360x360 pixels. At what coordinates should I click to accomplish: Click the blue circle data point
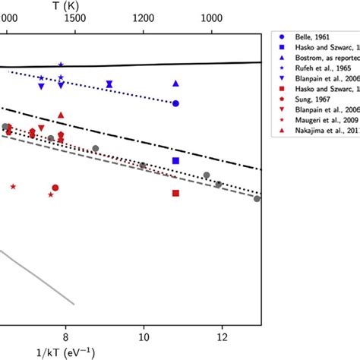click(x=175, y=103)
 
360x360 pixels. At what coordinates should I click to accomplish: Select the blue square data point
click(x=175, y=161)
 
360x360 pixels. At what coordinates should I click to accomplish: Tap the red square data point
click(x=175, y=193)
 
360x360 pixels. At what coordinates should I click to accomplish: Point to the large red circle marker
click(x=55, y=188)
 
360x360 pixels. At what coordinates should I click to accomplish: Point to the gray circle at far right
click(x=257, y=199)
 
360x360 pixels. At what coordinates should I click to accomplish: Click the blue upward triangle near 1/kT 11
click(x=175, y=84)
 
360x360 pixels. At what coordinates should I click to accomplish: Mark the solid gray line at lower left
click(x=38, y=278)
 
